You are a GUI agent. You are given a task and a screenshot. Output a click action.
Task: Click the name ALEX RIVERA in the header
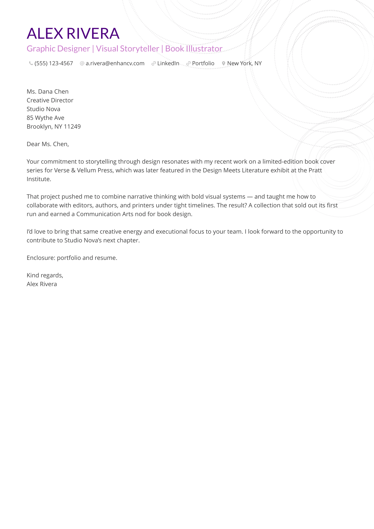(x=73, y=33)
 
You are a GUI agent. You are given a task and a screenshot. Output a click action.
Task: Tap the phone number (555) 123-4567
(x=54, y=63)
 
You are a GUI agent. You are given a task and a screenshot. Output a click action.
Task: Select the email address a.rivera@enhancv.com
(x=115, y=63)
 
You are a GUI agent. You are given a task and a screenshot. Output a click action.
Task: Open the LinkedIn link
(x=168, y=63)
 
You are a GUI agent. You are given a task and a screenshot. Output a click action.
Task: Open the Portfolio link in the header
(x=203, y=63)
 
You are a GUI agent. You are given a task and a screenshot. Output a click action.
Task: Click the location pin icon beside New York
(x=224, y=63)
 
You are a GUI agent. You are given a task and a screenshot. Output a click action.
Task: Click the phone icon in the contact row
(x=31, y=63)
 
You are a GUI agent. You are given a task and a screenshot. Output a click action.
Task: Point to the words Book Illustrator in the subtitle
(x=194, y=49)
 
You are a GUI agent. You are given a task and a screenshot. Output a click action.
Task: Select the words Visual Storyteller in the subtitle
(x=127, y=49)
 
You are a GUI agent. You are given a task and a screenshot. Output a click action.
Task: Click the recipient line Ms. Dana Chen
(x=47, y=92)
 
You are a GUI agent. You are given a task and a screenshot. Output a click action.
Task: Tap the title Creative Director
(x=50, y=100)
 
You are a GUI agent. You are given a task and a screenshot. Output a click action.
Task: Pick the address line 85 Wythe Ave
(x=45, y=118)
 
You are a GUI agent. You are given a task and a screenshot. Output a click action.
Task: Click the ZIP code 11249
(x=72, y=127)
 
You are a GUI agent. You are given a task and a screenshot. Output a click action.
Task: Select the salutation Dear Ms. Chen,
(x=48, y=144)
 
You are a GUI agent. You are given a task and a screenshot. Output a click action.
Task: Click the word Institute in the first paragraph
(x=39, y=179)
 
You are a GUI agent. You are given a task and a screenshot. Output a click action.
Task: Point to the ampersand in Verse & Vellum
(x=73, y=170)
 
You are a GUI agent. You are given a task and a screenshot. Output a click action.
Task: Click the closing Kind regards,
(x=45, y=276)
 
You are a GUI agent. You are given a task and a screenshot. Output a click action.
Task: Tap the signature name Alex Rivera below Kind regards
(x=42, y=284)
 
